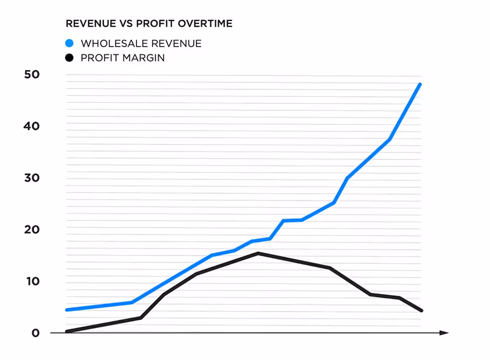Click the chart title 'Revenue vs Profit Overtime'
click(149, 24)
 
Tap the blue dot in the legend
click(69, 43)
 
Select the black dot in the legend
click(69, 58)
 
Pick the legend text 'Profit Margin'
click(123, 58)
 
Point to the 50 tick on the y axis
click(32, 75)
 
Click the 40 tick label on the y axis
click(32, 126)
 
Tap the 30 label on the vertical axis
click(32, 178)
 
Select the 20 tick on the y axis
click(32, 230)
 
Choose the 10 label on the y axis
click(32, 282)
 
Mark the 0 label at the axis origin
click(36, 333)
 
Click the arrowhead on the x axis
click(444, 333)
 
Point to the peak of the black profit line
click(258, 253)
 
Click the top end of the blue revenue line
click(420, 85)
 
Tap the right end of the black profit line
click(421, 310)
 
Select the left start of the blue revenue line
click(67, 310)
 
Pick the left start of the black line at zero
click(67, 331)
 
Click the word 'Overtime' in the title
click(206, 24)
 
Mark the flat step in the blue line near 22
click(293, 220)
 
